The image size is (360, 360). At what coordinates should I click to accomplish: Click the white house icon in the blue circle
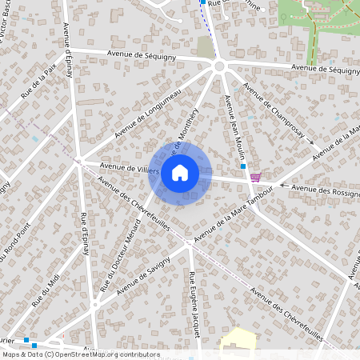point(180,172)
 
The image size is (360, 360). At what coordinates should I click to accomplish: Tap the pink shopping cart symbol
point(255,177)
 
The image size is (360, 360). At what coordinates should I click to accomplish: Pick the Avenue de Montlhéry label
point(190,144)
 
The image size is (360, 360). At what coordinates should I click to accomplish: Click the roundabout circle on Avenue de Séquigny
point(218,66)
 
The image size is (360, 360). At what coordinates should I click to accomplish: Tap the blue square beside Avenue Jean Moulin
point(243,166)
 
